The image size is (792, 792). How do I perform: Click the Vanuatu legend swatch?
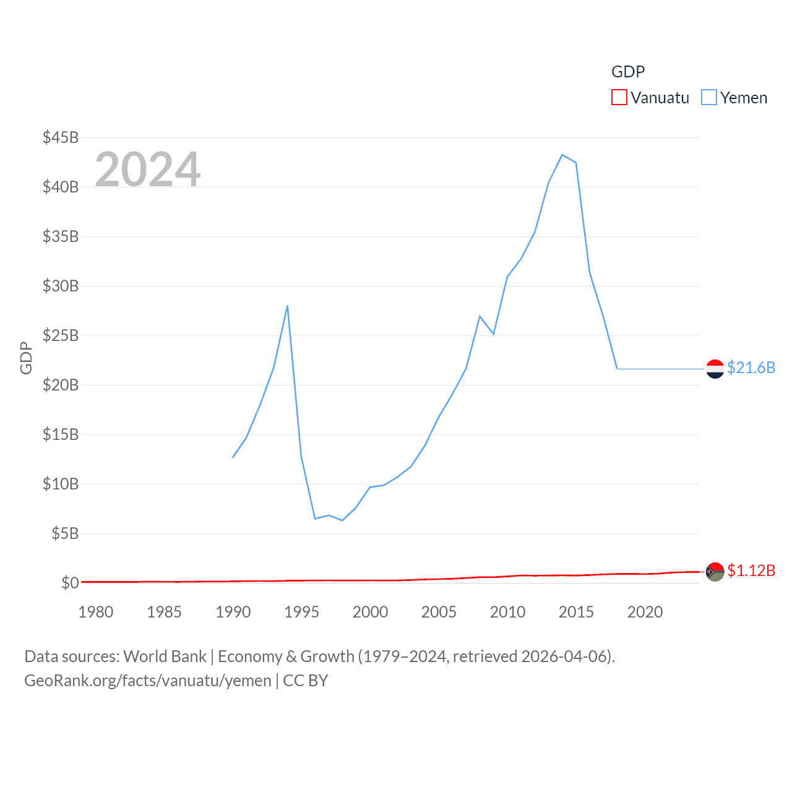619,98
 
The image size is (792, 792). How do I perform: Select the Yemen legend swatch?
709,98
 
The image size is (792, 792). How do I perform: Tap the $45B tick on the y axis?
61,137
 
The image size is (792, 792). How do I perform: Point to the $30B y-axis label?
61,286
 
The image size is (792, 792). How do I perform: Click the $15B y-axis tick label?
61,434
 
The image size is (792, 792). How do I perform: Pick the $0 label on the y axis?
70,583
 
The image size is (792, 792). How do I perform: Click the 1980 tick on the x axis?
96,612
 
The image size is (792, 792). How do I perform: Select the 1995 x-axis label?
301,612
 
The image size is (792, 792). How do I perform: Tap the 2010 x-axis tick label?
507,612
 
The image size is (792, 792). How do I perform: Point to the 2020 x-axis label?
645,612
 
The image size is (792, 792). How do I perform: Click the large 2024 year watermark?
148,169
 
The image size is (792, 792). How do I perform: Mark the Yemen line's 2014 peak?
562,155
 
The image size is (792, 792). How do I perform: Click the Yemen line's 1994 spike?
287,306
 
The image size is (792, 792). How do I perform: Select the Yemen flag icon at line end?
715,369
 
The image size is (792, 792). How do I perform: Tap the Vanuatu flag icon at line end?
715,572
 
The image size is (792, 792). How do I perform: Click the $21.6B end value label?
751,368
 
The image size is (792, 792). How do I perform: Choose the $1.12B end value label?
751,570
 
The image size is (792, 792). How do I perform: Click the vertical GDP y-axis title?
26,358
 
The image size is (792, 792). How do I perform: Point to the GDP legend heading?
628,72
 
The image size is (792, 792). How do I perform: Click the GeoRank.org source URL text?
148,681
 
